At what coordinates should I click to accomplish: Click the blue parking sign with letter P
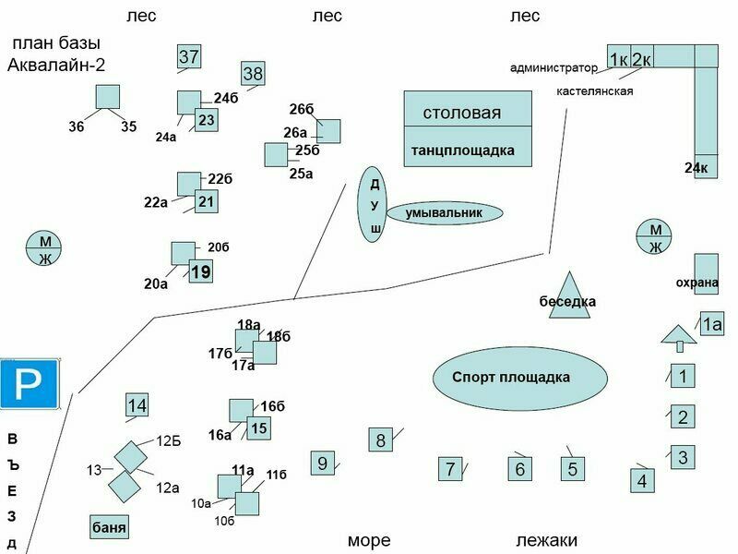tap(30, 383)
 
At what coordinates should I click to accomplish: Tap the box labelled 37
tap(189, 57)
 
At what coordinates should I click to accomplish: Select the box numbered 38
tap(254, 74)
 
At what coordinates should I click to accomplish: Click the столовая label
tap(462, 113)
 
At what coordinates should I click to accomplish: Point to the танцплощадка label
tap(462, 150)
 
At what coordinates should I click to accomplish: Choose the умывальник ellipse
tap(444, 213)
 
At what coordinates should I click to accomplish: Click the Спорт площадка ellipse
tap(520, 378)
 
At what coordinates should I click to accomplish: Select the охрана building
tap(706, 273)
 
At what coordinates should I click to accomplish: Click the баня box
tap(110, 527)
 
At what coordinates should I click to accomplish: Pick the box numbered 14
tap(137, 405)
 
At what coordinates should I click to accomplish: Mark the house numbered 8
tap(381, 440)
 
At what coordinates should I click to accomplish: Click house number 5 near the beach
tap(573, 469)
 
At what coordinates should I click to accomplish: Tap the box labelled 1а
tap(711, 324)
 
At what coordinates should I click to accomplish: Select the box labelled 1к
tap(619, 58)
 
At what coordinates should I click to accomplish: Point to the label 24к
tap(696, 167)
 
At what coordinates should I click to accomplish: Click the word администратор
tap(553, 67)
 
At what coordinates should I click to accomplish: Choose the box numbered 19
tap(201, 272)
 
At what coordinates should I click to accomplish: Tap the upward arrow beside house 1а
tap(680, 338)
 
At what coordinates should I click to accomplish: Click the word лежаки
tap(546, 540)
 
